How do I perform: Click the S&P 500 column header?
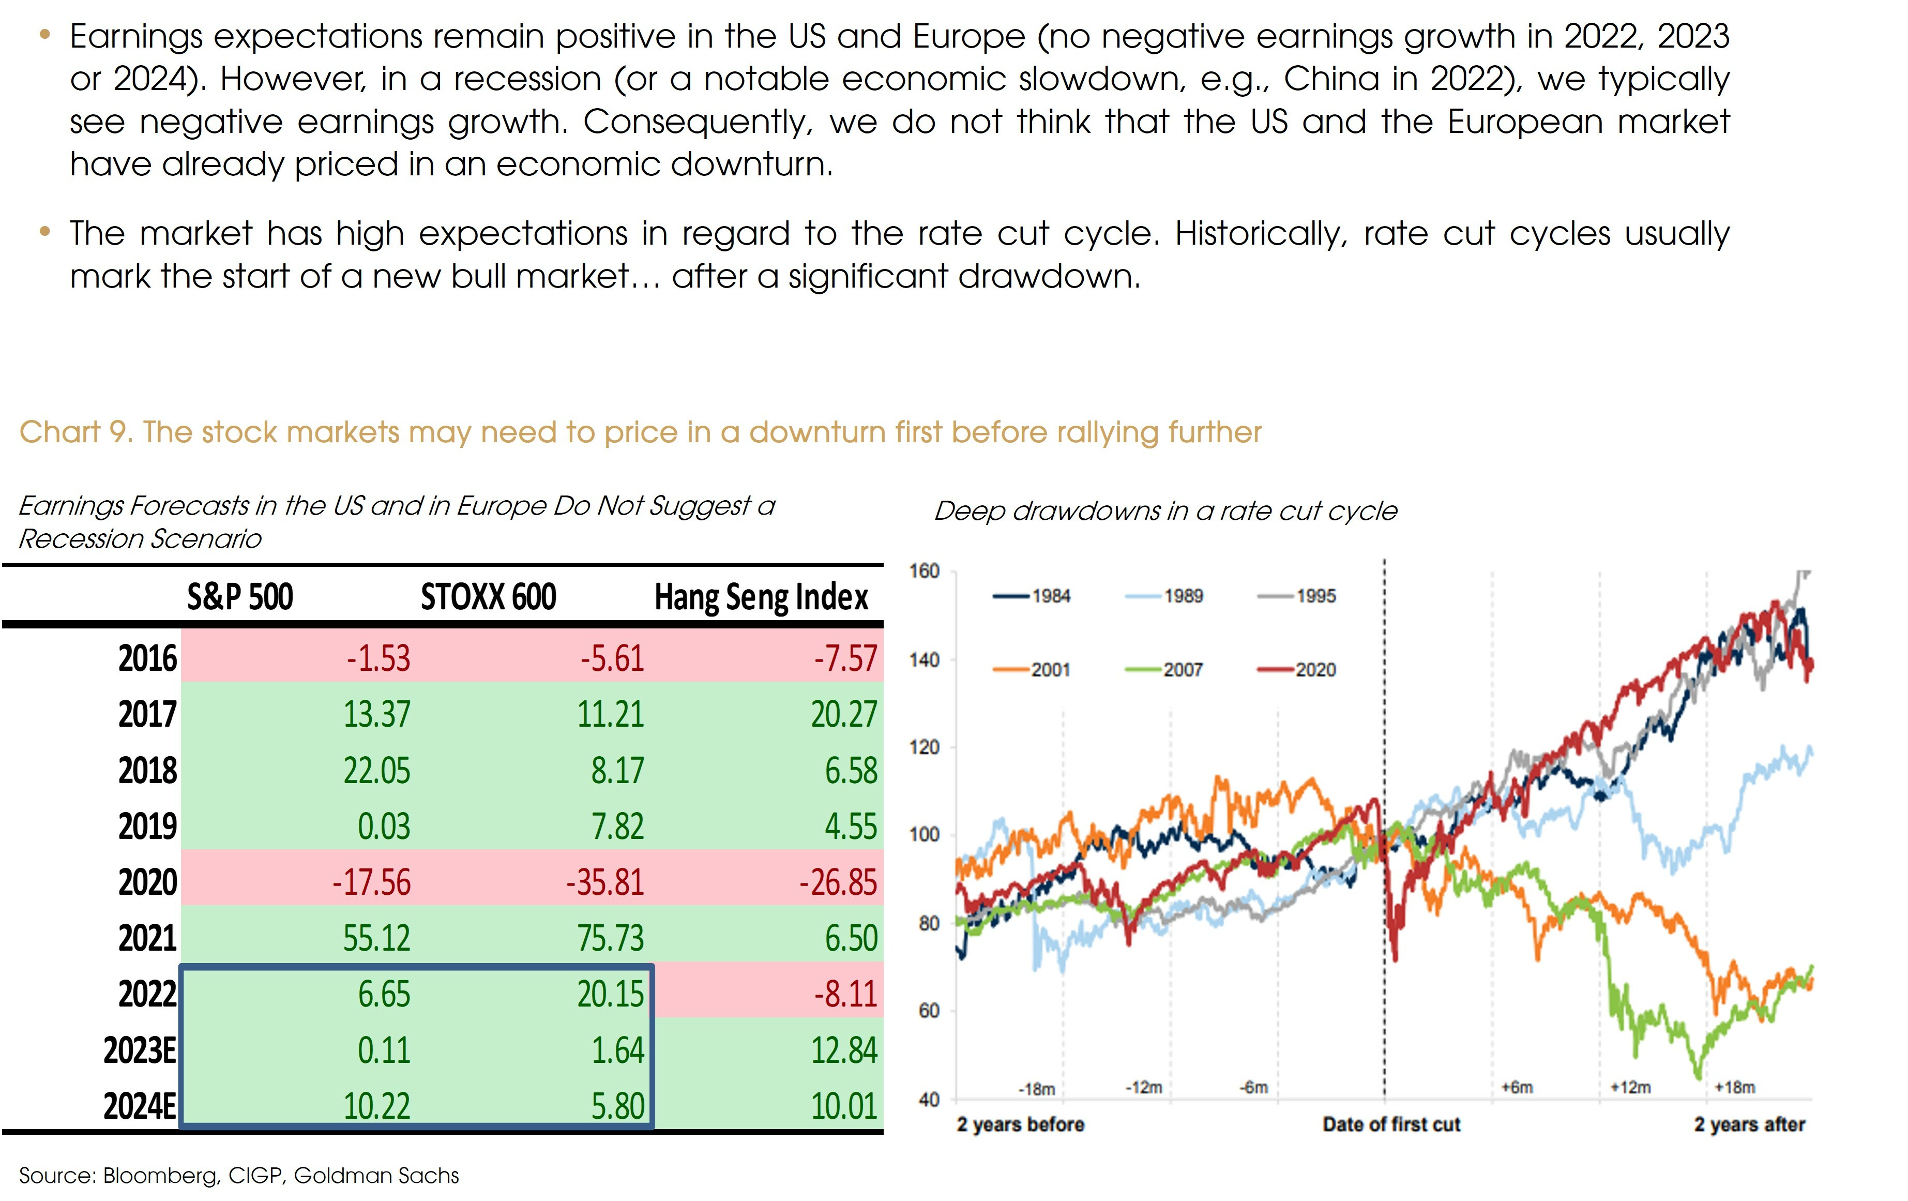coord(239,597)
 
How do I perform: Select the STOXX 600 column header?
coord(488,597)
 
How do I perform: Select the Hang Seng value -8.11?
coord(845,994)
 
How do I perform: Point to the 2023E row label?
coord(140,1050)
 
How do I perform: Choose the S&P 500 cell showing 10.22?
coord(376,1106)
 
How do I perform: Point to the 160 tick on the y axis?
coord(924,572)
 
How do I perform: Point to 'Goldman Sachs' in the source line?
coord(376,1176)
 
